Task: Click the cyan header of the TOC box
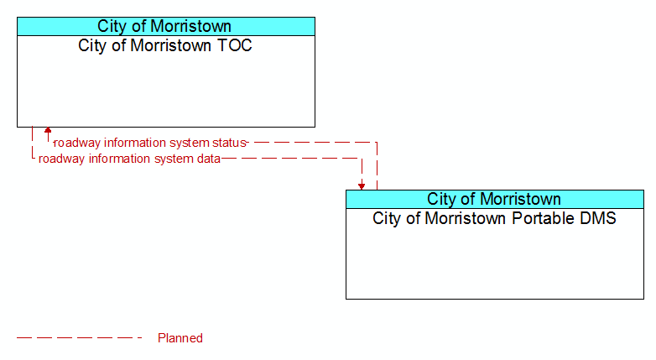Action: pyautogui.click(x=166, y=26)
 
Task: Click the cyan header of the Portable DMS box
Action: pyautogui.click(x=495, y=199)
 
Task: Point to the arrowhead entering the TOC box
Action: pyautogui.click(x=48, y=130)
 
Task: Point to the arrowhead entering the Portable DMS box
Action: pyautogui.click(x=362, y=186)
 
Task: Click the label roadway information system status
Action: pyautogui.click(x=150, y=143)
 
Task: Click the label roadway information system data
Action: pyautogui.click(x=129, y=159)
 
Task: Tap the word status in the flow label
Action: pyautogui.click(x=229, y=143)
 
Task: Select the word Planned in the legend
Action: pyautogui.click(x=180, y=338)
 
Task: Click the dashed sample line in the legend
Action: pyautogui.click(x=80, y=338)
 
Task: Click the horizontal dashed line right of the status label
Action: pyautogui.click(x=312, y=143)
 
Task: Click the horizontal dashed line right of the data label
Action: pyautogui.click(x=291, y=159)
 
